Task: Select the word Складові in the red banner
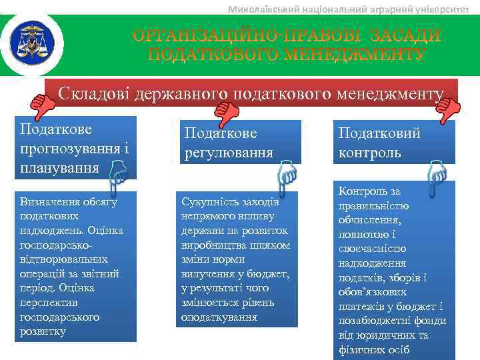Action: pos(94,94)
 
